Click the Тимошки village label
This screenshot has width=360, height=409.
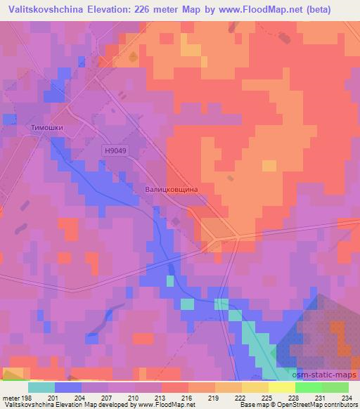pos(48,128)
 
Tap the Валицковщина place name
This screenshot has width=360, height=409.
pos(170,190)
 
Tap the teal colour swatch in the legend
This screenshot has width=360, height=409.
pos(41,387)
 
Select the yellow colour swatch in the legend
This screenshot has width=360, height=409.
pos(282,387)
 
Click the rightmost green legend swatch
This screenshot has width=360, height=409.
pos(335,387)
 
